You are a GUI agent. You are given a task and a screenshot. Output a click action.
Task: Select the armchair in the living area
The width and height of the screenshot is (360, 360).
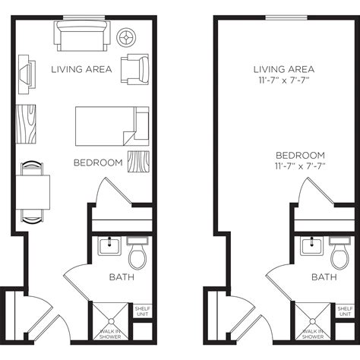pyautogui.click(x=137, y=69)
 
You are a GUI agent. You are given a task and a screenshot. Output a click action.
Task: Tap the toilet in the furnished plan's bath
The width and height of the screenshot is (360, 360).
pyautogui.click(x=137, y=251)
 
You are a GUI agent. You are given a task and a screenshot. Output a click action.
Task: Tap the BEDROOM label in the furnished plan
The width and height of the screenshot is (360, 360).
pyautogui.click(x=98, y=163)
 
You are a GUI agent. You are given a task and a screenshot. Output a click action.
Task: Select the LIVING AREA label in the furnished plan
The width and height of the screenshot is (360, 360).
pyautogui.click(x=81, y=70)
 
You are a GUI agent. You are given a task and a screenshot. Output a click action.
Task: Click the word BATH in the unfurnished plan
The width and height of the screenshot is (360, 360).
pyautogui.click(x=324, y=278)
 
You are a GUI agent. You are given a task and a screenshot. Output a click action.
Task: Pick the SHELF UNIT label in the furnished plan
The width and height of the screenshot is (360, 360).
pyautogui.click(x=142, y=312)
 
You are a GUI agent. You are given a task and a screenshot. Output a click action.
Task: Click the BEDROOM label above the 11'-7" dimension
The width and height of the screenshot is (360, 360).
pyautogui.click(x=301, y=155)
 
